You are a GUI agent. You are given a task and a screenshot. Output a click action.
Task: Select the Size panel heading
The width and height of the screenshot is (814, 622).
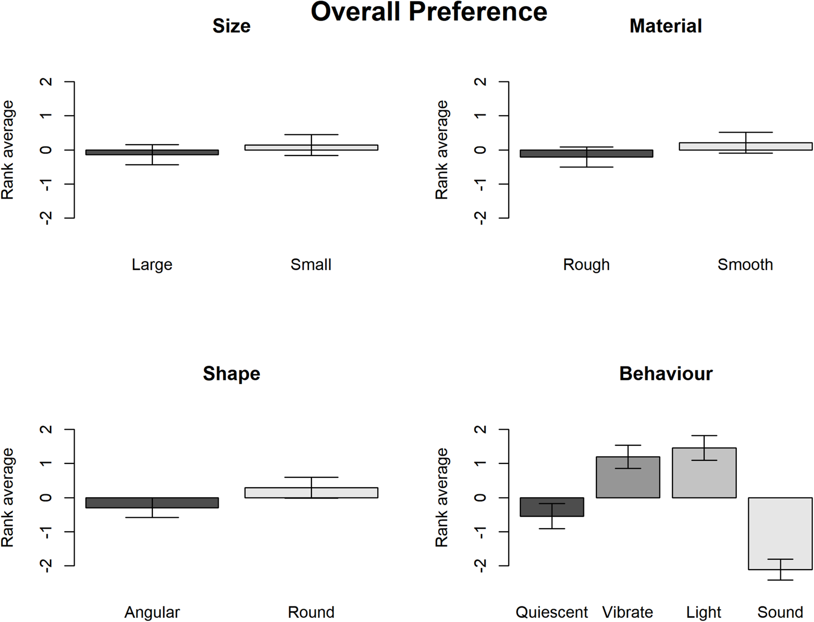point(231,26)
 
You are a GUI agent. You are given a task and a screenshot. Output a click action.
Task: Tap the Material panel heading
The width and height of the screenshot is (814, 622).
point(665,26)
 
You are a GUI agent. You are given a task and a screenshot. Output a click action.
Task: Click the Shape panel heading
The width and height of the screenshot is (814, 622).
point(231,374)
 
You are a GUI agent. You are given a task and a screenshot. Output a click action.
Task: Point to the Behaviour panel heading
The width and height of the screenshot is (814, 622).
point(665,374)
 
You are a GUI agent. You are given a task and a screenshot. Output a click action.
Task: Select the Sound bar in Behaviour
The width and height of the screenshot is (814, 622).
point(780,534)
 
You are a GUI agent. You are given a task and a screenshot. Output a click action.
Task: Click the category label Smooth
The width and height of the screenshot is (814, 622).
point(745,265)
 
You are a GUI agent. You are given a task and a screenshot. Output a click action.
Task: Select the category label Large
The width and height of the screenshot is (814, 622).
point(152,265)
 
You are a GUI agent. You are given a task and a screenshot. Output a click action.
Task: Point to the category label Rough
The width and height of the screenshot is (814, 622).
point(586,265)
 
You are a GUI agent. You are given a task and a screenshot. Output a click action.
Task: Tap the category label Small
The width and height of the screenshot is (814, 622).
point(311,265)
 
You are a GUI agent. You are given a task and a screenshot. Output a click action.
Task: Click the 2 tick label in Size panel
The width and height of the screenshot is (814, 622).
point(47,82)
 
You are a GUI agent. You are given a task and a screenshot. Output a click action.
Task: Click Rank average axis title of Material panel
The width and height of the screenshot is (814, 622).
point(441,150)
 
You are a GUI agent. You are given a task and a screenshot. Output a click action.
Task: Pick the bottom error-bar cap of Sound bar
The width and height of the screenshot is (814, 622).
point(780,580)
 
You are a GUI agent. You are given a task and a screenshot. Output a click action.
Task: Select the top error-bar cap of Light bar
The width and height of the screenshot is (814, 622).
point(704,436)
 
